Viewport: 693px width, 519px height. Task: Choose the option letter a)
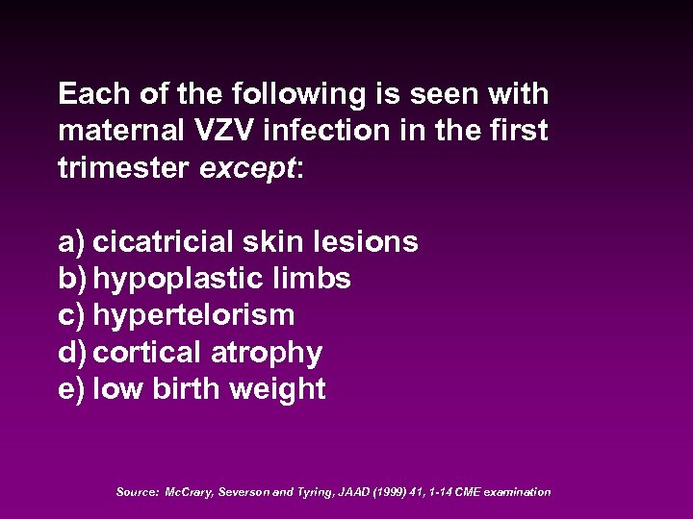click(x=71, y=241)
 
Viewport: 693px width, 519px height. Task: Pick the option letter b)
click(x=72, y=279)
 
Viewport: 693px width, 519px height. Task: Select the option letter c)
click(x=71, y=315)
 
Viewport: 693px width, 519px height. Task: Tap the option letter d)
click(x=72, y=353)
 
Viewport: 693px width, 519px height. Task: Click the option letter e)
click(x=71, y=389)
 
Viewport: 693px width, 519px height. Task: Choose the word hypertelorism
click(x=193, y=315)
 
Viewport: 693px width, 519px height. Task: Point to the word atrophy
click(x=272, y=353)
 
